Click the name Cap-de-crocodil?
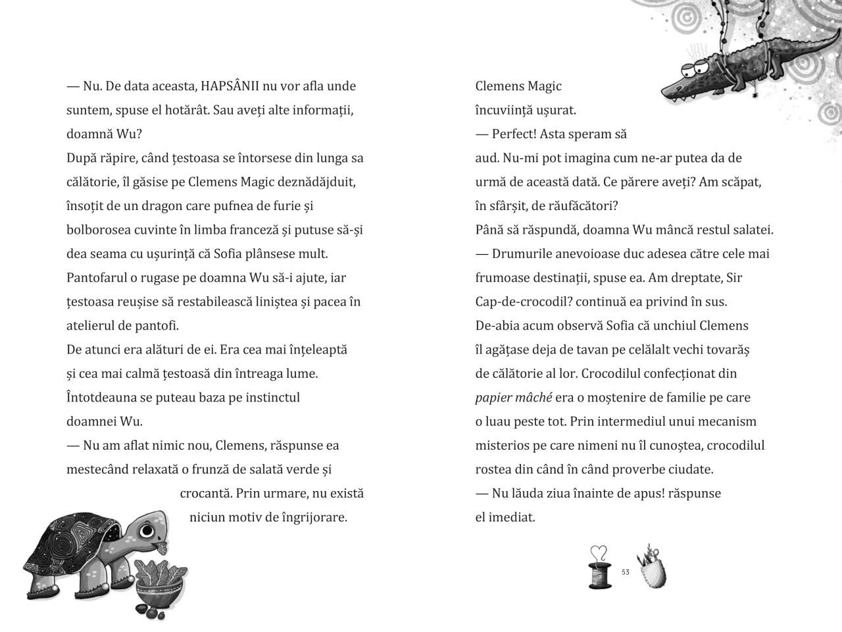[x=520, y=302]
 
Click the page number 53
[x=625, y=572]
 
